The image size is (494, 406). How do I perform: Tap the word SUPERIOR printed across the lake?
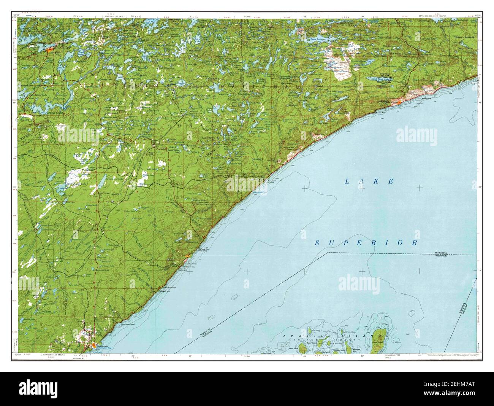[366, 242]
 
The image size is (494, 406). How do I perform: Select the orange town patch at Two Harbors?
[93, 345]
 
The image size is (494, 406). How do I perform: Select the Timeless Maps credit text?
[449, 355]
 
